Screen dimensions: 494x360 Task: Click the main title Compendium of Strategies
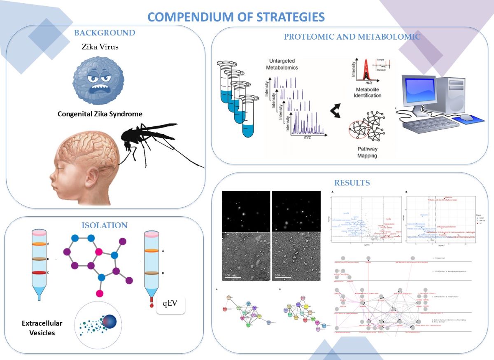(236, 17)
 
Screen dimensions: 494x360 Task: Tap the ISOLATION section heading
(104, 225)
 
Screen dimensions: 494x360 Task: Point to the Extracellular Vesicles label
(39, 328)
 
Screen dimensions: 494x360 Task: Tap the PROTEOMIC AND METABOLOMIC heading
(352, 37)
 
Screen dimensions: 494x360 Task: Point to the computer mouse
(466, 118)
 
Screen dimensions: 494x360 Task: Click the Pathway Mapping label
(367, 152)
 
